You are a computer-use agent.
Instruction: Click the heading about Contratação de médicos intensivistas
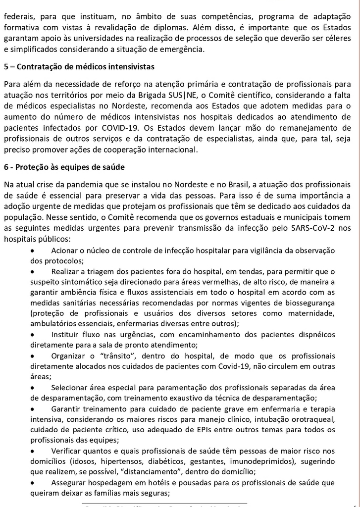(x=79, y=66)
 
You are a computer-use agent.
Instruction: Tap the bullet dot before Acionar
(x=33, y=251)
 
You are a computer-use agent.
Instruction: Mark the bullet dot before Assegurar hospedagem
(x=33, y=482)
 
